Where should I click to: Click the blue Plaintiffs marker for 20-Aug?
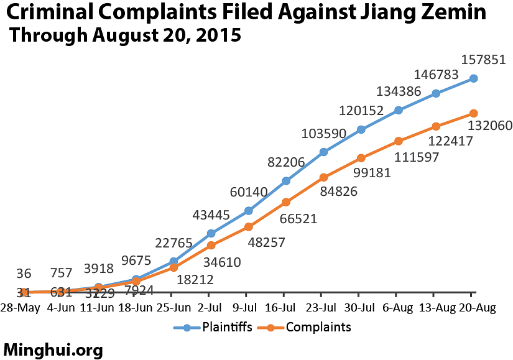(x=474, y=78)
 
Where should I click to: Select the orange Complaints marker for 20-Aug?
(x=474, y=113)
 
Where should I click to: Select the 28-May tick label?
(x=20, y=308)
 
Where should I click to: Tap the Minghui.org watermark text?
(x=53, y=350)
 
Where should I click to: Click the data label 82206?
(x=285, y=162)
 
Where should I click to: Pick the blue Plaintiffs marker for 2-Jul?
(x=211, y=233)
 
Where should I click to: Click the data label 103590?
(x=323, y=133)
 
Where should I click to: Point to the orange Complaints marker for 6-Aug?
(x=399, y=141)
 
